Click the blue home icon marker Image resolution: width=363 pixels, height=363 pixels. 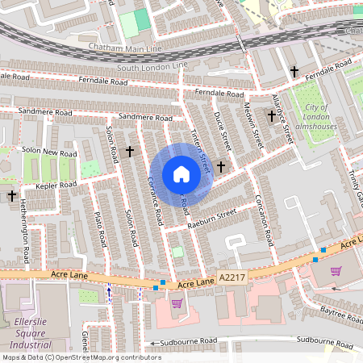[x=181, y=174]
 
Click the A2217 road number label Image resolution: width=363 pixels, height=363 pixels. [x=232, y=277]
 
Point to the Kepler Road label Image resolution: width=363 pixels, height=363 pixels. [x=55, y=186]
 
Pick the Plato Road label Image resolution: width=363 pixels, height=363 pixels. [x=101, y=229]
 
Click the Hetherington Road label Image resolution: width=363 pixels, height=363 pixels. [x=25, y=233]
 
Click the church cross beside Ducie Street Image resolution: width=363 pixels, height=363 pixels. [x=220, y=166]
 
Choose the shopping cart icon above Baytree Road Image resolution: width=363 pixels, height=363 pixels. [x=336, y=271]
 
